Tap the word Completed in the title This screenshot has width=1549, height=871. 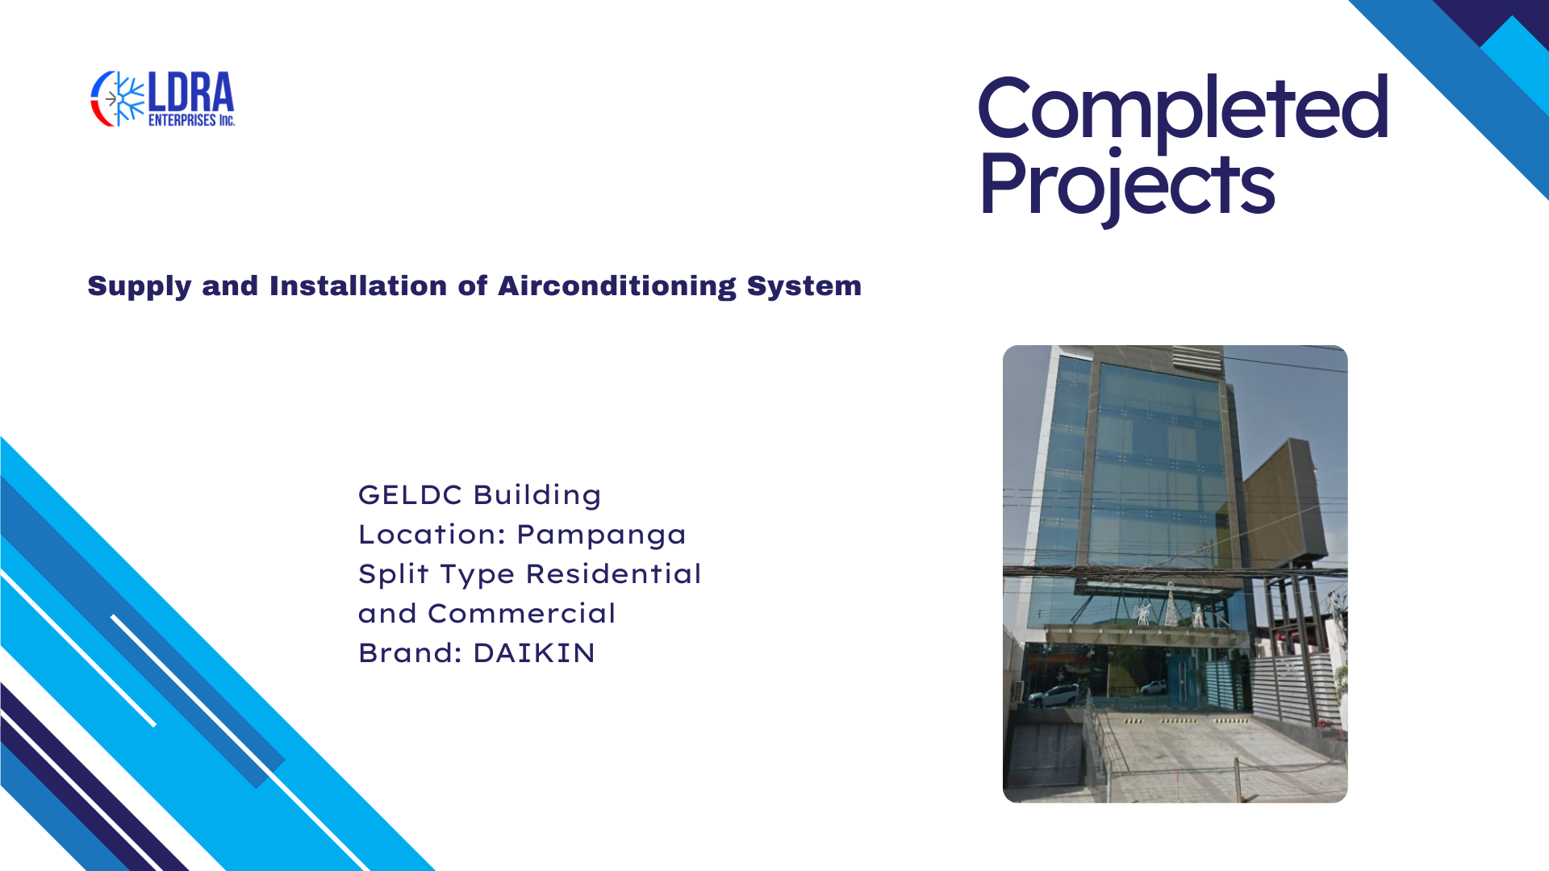(1183, 108)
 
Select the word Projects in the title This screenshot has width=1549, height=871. (1127, 185)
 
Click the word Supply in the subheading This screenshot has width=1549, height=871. (139, 286)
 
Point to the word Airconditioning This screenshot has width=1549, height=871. (616, 285)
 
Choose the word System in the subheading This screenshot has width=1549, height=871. (804, 285)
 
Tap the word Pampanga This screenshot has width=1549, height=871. (601, 535)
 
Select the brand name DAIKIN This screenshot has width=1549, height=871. (534, 653)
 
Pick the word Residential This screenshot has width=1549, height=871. (613, 573)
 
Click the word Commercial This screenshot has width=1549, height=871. (521, 613)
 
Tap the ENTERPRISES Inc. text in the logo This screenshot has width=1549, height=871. (191, 120)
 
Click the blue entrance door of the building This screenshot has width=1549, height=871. (1179, 678)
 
